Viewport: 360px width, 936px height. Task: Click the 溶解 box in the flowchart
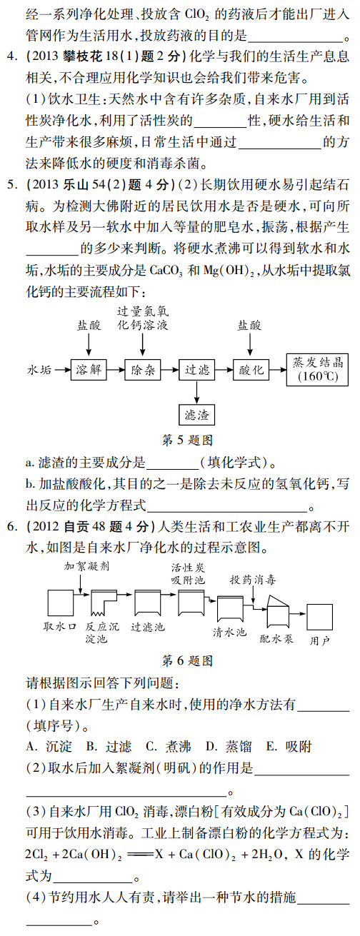[89, 369]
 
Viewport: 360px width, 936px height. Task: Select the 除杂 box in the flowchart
[143, 369]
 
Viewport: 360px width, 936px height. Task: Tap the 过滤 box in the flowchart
[196, 369]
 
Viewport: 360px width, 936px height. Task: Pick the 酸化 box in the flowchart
[251, 369]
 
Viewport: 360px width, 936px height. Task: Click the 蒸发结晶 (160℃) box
[317, 369]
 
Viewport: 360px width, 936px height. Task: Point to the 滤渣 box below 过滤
[196, 415]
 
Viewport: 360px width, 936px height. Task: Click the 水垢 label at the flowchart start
[39, 370]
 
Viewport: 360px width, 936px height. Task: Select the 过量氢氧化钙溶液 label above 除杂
[143, 318]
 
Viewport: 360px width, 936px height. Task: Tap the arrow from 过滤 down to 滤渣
[196, 392]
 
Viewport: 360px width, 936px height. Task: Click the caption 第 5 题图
[187, 440]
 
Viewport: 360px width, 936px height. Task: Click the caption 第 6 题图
[187, 660]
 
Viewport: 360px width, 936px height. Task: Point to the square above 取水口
[61, 603]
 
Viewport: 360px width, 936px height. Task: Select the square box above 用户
[319, 617]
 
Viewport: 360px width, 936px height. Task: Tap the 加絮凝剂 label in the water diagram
[86, 566]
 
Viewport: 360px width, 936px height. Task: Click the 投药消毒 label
[253, 580]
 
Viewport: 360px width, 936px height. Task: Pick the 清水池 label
[229, 633]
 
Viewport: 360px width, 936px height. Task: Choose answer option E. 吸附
[289, 747]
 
